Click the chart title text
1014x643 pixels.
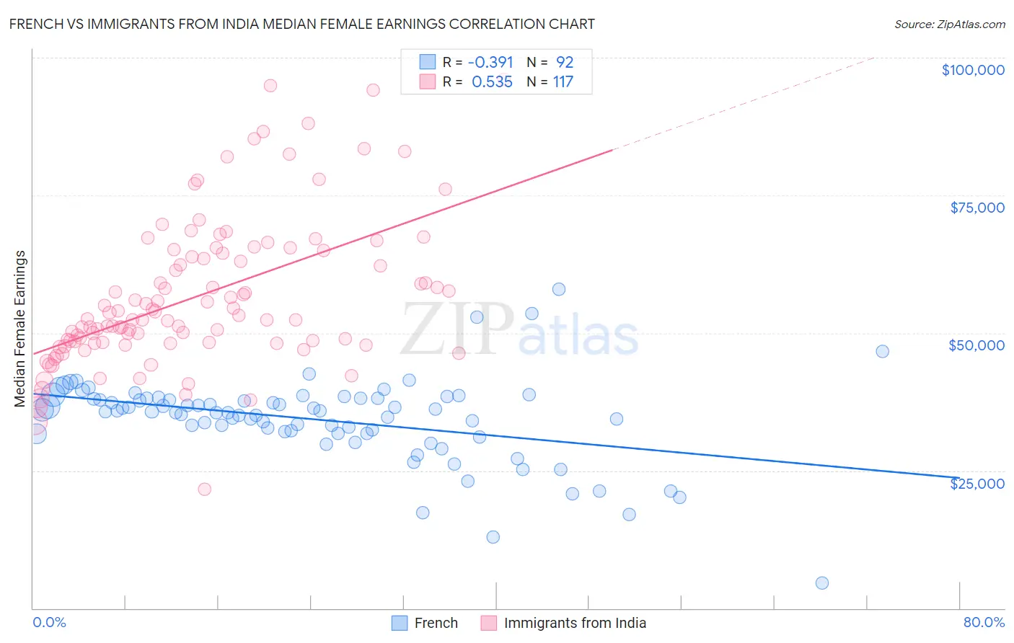pyautogui.click(x=302, y=24)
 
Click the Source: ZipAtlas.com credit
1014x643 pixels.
pyautogui.click(x=949, y=25)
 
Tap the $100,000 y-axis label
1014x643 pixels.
pyautogui.click(x=973, y=70)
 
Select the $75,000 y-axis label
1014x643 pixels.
pyautogui.click(x=977, y=208)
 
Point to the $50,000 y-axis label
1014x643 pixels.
pyautogui.click(x=976, y=345)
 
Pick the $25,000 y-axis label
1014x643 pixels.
pyautogui.click(x=977, y=484)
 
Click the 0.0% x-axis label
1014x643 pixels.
pyautogui.click(x=49, y=622)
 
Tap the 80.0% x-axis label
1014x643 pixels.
pyautogui.click(x=984, y=622)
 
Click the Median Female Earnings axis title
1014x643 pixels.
pyautogui.click(x=20, y=329)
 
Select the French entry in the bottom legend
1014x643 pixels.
pyautogui.click(x=436, y=623)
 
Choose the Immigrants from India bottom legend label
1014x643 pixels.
pyautogui.click(x=574, y=623)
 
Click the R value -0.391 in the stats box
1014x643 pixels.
pyautogui.click(x=491, y=62)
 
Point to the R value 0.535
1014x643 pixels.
pyautogui.click(x=492, y=82)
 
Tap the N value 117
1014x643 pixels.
pyautogui.click(x=563, y=82)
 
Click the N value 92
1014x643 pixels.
pyautogui.click(x=564, y=62)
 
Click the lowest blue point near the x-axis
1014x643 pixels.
pyautogui.click(x=821, y=583)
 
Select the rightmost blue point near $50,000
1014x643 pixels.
pyautogui.click(x=882, y=352)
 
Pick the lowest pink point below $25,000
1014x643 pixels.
pyautogui.click(x=204, y=489)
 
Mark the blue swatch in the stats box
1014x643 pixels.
pyautogui.click(x=428, y=62)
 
